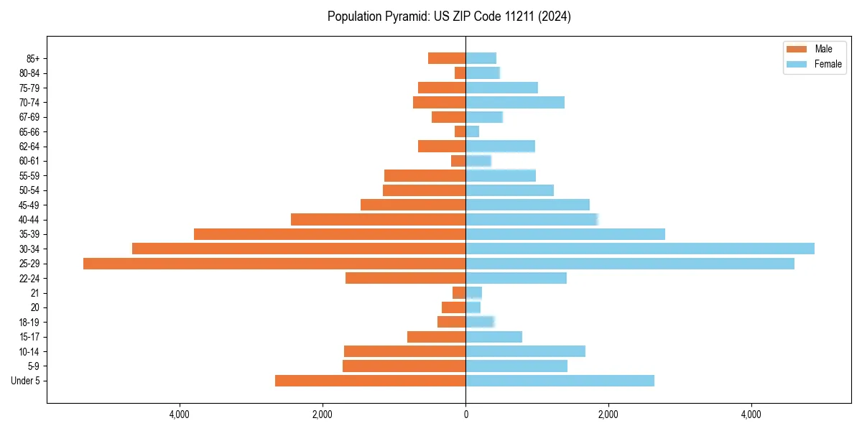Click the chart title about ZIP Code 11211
[x=449, y=17]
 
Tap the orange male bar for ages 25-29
[x=274, y=264]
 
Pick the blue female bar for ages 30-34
[x=639, y=249]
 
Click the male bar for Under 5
[x=370, y=381]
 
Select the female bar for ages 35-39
[x=565, y=234]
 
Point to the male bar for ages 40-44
[x=378, y=219]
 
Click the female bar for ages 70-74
[x=514, y=102]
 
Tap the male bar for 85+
[x=447, y=58]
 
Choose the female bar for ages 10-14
[x=525, y=351]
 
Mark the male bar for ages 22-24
[x=405, y=278]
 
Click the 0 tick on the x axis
[x=465, y=414]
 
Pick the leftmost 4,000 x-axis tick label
[x=180, y=414]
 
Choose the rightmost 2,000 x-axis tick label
[x=608, y=414]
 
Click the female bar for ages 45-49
[x=527, y=205]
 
